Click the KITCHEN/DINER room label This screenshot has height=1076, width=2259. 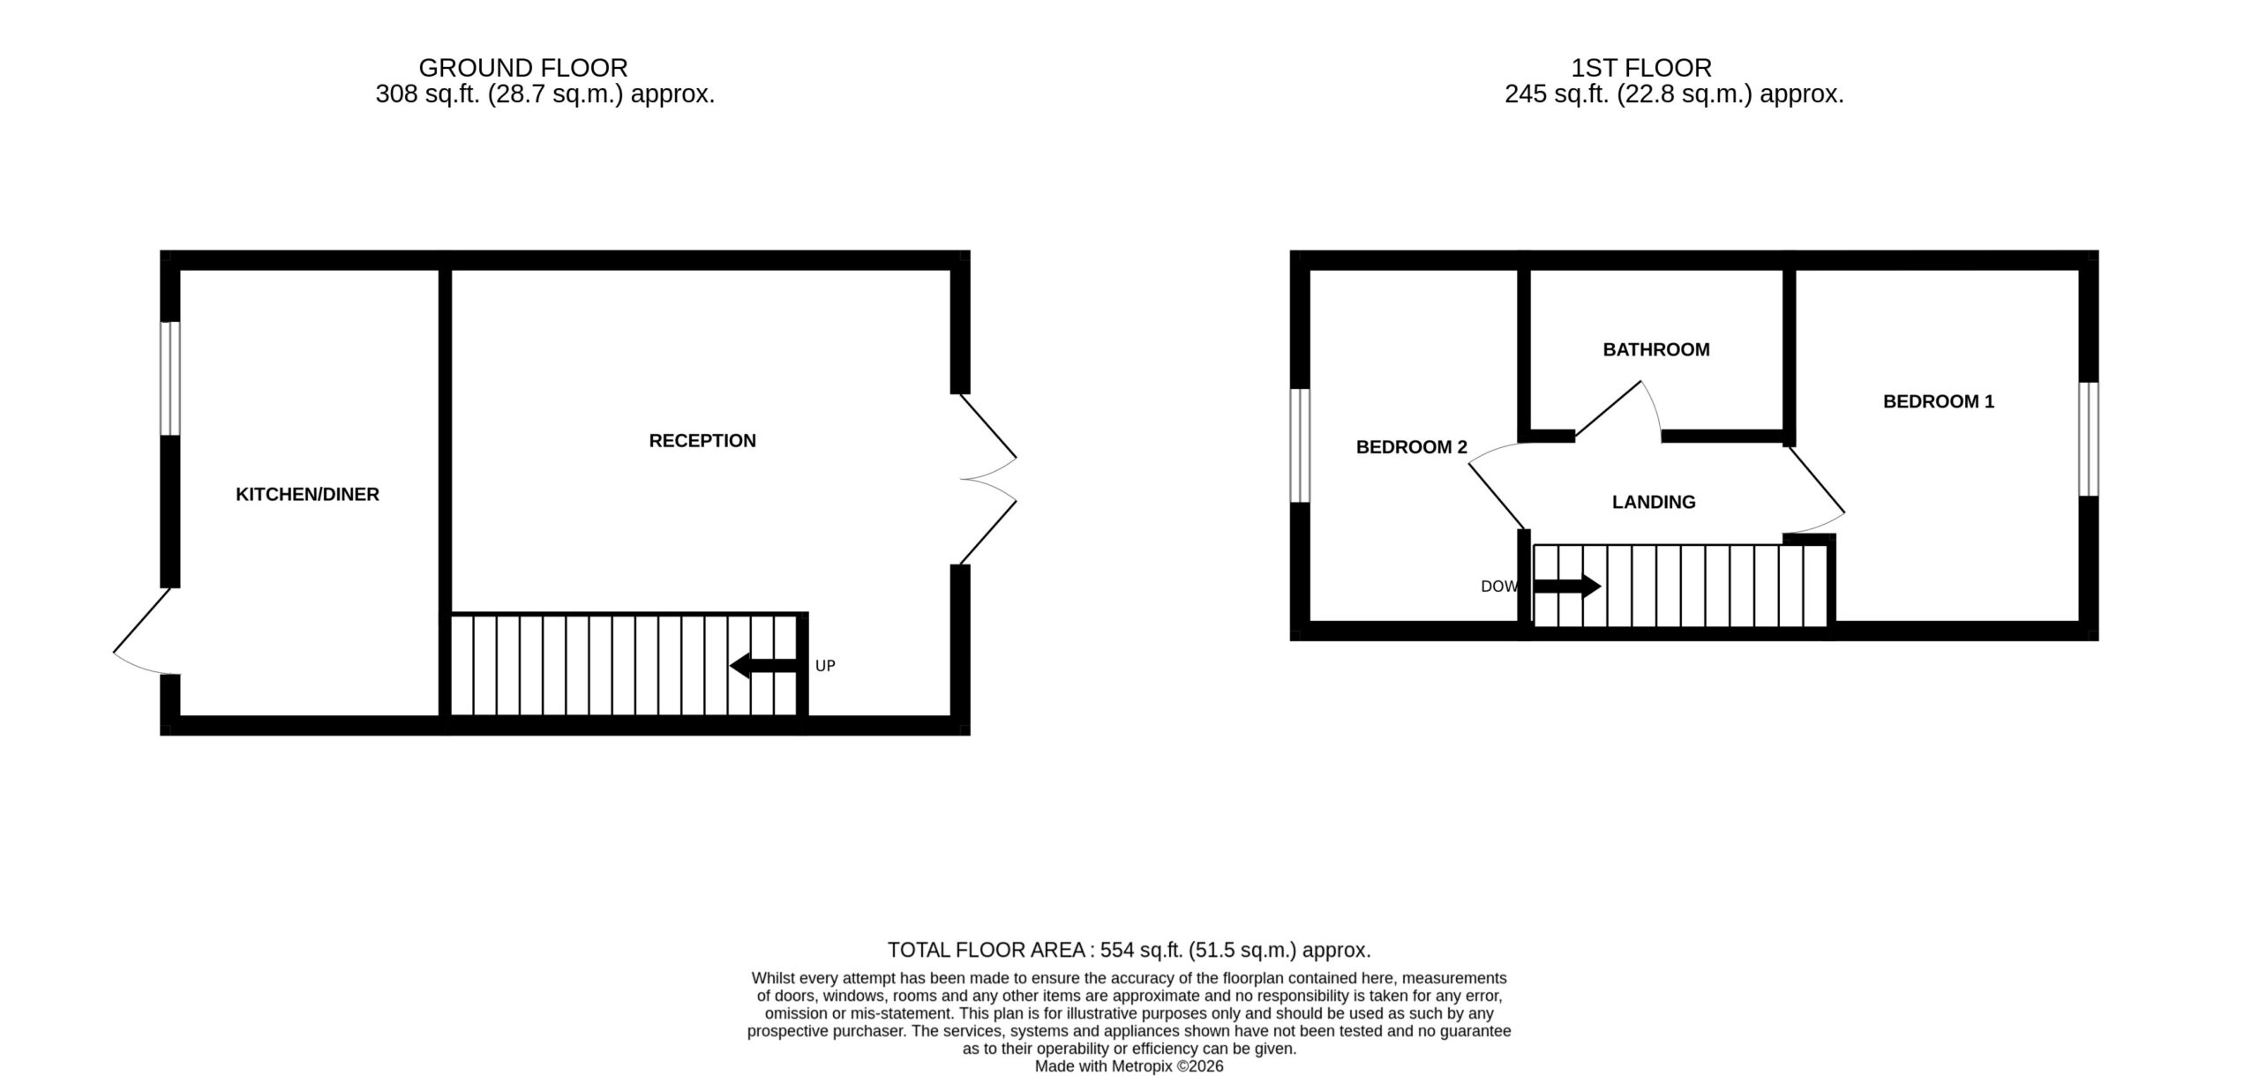[x=307, y=495]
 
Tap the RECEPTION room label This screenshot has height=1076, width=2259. [x=702, y=441]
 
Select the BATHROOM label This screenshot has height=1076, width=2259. [x=1656, y=350]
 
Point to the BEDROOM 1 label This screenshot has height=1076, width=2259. [x=1939, y=402]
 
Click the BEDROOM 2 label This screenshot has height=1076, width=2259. [x=1412, y=448]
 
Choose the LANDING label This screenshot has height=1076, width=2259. [x=1654, y=503]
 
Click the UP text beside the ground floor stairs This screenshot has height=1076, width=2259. [x=825, y=666]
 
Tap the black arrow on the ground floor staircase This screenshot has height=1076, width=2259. [x=764, y=666]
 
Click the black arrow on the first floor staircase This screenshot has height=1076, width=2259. [x=1567, y=586]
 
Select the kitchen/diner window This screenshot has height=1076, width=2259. [x=170, y=378]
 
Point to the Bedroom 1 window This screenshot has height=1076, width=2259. [x=2088, y=439]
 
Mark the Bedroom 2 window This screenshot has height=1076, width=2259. [x=1300, y=445]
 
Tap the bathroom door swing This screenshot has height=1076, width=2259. [x=1619, y=409]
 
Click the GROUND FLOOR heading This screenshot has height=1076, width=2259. [x=523, y=68]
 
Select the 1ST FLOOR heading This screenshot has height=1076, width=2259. [x=1641, y=68]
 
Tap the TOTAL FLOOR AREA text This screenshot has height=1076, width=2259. [x=987, y=950]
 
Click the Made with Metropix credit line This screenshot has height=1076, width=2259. [x=1129, y=1066]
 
